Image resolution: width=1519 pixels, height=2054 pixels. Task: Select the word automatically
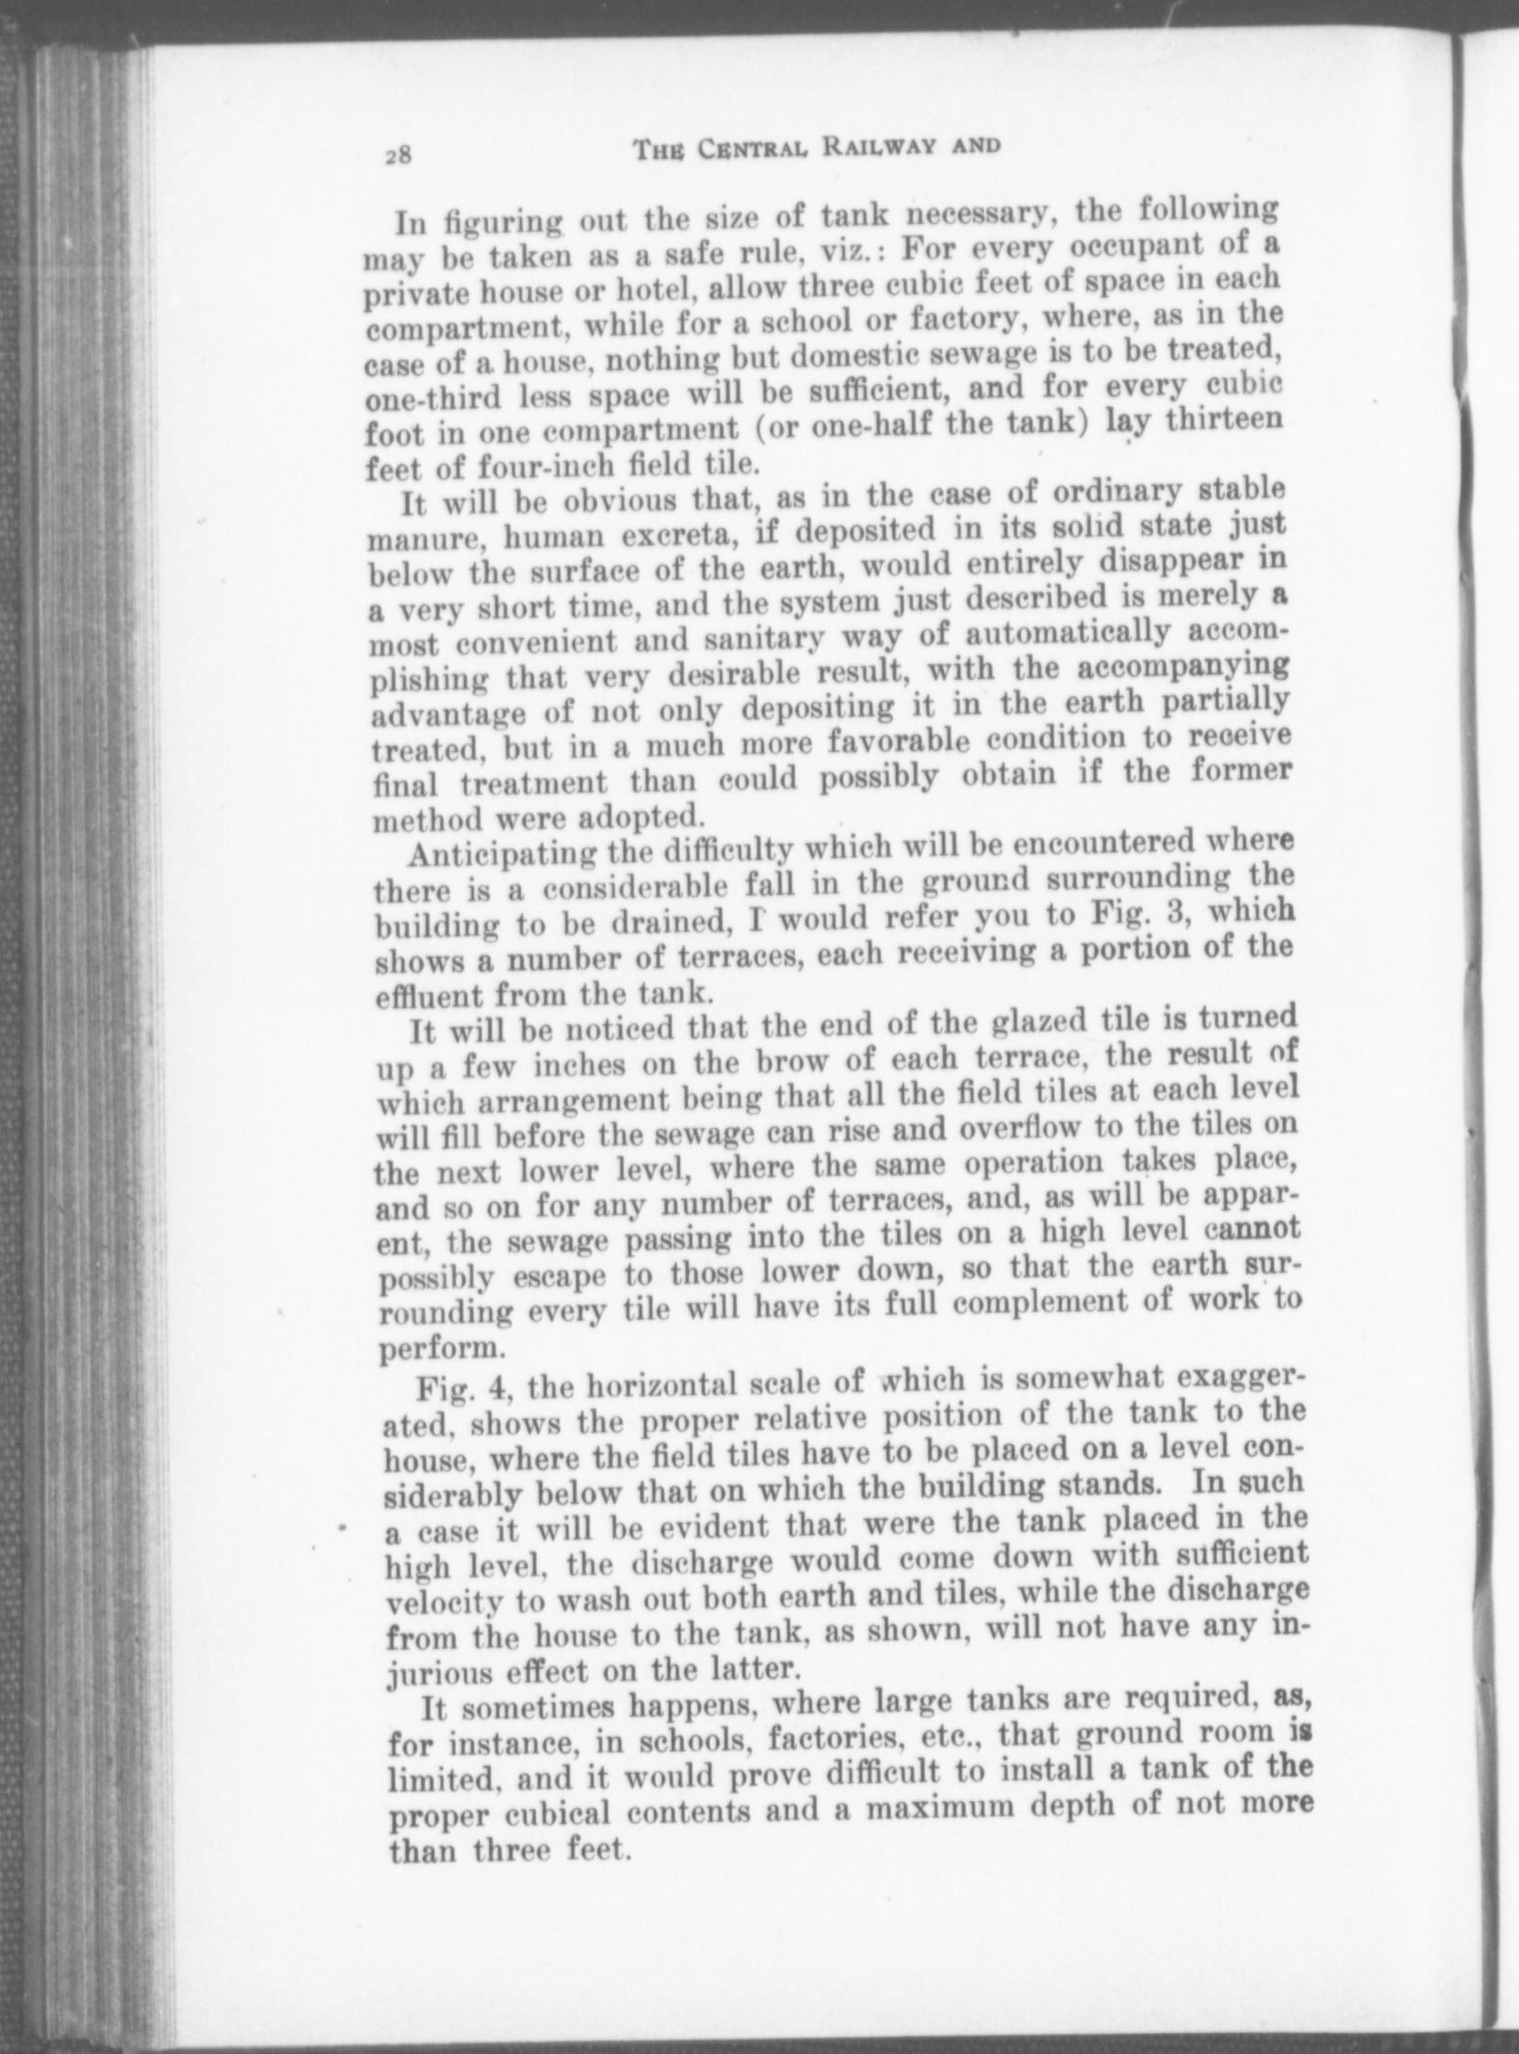coord(1059,633)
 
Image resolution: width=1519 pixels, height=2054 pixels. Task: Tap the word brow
coord(798,1060)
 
